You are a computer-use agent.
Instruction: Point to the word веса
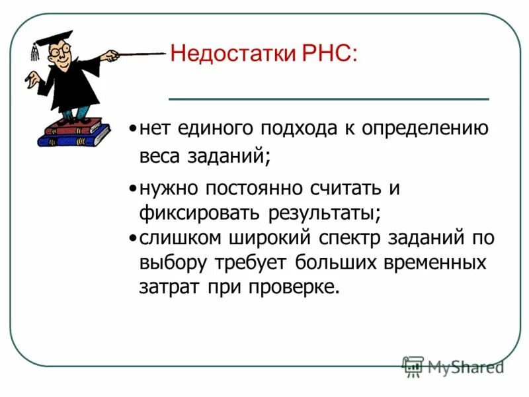click(159, 157)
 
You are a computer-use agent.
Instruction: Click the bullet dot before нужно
click(133, 189)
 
